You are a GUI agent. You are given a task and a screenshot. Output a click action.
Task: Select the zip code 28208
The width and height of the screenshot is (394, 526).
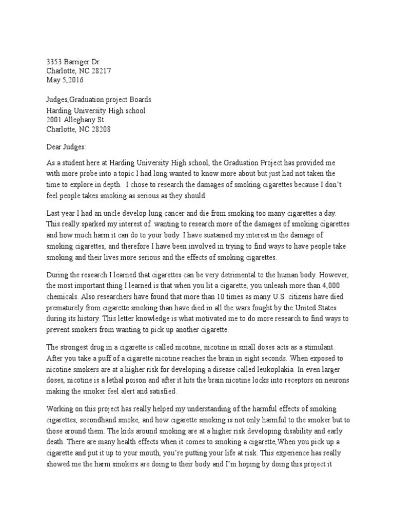click(100, 129)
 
